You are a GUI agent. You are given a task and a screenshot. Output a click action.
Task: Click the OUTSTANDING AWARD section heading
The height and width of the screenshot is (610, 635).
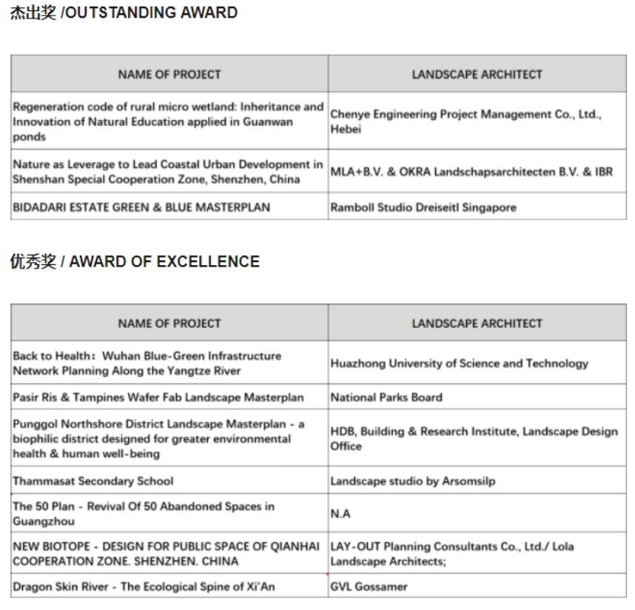click(x=124, y=13)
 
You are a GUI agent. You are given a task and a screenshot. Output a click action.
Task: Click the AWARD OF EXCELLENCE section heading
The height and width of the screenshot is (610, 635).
click(x=135, y=262)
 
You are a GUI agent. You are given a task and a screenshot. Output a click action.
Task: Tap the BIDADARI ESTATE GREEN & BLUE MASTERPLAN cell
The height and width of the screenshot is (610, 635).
click(x=141, y=207)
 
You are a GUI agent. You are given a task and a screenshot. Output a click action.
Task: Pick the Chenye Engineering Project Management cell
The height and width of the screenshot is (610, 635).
click(x=466, y=121)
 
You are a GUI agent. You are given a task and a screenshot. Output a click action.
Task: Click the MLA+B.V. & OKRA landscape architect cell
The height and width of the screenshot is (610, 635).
click(x=471, y=172)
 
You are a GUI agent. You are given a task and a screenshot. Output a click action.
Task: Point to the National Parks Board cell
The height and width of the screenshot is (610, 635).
click(x=386, y=397)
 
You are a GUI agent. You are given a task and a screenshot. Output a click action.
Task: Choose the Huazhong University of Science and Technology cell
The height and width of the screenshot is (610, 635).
click(x=459, y=363)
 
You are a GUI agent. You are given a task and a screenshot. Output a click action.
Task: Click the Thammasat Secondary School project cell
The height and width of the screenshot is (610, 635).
click(x=93, y=480)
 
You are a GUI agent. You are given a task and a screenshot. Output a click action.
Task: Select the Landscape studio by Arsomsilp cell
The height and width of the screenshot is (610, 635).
click(x=413, y=480)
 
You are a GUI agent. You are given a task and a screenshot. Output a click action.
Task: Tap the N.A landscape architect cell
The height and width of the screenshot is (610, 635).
click(x=340, y=514)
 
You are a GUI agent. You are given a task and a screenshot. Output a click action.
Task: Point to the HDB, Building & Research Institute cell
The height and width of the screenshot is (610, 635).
click(x=474, y=439)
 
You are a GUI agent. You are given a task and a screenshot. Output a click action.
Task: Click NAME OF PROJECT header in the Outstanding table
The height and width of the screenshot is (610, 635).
click(x=169, y=74)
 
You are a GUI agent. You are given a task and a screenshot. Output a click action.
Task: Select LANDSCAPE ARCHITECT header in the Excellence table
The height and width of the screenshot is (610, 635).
click(x=477, y=324)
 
